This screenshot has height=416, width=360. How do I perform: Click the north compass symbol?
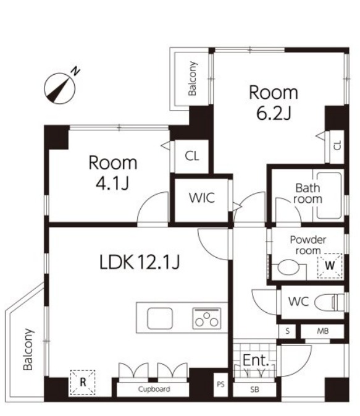(60, 88)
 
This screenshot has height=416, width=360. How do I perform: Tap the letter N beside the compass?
(76, 71)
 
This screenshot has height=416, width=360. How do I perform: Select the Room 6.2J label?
(274, 103)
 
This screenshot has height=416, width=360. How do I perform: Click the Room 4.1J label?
(112, 172)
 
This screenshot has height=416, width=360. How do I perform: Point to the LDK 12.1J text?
(140, 262)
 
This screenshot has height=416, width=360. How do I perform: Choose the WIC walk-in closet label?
(202, 198)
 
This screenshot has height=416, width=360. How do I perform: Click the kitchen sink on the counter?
(159, 318)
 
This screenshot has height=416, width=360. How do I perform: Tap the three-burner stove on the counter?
(207, 318)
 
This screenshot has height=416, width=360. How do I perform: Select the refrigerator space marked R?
(83, 382)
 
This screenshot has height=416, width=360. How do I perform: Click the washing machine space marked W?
(330, 266)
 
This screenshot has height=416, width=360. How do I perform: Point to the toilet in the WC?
(329, 302)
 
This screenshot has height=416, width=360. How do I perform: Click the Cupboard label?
(154, 389)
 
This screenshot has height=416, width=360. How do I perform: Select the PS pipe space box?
(220, 384)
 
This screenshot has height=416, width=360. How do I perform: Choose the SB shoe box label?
(255, 390)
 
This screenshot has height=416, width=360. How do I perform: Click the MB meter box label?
(323, 331)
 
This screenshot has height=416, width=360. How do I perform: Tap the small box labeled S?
(287, 331)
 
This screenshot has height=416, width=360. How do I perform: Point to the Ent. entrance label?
(256, 360)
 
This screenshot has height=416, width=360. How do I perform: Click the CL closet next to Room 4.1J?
(191, 156)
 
